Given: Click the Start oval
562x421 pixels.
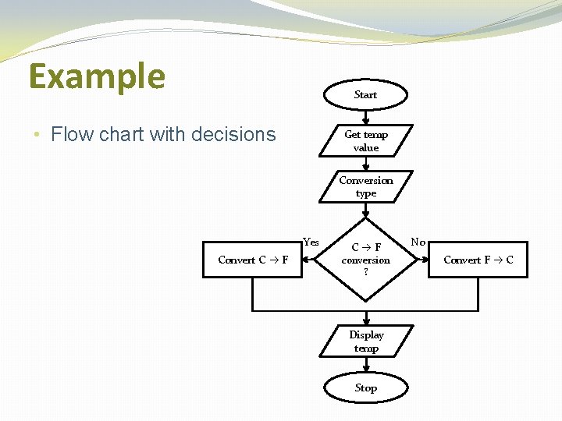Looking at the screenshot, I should pyautogui.click(x=365, y=94).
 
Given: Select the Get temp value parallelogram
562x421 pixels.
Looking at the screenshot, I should pyautogui.click(x=365, y=141).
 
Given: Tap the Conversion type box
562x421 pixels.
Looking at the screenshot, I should pyautogui.click(x=365, y=187).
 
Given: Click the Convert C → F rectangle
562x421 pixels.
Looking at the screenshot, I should pyautogui.click(x=252, y=260).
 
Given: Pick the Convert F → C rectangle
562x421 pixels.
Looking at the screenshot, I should pyautogui.click(x=478, y=260).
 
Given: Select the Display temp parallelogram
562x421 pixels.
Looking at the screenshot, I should pyautogui.click(x=365, y=341).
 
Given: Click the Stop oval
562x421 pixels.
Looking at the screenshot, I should pyautogui.click(x=365, y=387).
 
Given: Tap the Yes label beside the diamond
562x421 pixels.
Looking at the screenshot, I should pyautogui.click(x=311, y=242).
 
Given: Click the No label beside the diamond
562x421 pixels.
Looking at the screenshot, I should pyautogui.click(x=418, y=242).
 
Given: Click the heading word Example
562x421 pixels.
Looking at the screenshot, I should pyautogui.click(x=97, y=76).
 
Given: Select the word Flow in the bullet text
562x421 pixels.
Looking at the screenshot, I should pyautogui.click(x=69, y=135).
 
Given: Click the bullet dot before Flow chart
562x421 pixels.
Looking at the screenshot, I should pyautogui.click(x=37, y=135).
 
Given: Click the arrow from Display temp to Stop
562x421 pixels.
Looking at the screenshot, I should pyautogui.click(x=365, y=366).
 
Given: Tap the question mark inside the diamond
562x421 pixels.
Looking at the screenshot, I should pyautogui.click(x=365, y=272).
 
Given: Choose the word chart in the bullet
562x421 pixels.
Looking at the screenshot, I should pyautogui.click(x=116, y=135).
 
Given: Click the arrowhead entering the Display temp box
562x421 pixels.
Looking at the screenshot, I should pyautogui.click(x=365, y=320).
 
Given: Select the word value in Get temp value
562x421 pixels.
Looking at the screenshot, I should pyautogui.click(x=365, y=148).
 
